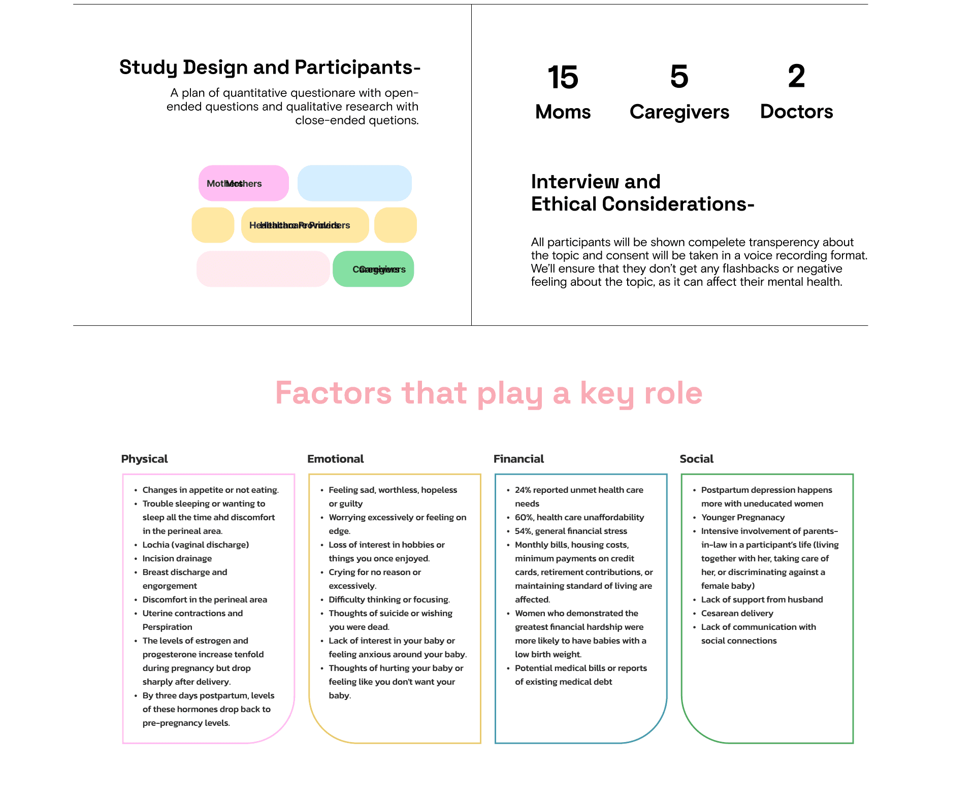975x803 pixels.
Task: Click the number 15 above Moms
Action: (563, 78)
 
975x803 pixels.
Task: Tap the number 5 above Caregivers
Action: (679, 77)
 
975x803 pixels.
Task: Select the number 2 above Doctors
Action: (796, 77)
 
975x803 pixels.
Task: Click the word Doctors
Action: (796, 112)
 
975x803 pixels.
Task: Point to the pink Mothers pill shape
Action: (243, 183)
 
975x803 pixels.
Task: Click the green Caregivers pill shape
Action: (373, 269)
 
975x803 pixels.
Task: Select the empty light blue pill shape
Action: (354, 183)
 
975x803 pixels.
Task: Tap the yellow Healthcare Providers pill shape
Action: (305, 225)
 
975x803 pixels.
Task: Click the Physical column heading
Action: (144, 459)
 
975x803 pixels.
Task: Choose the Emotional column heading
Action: (335, 459)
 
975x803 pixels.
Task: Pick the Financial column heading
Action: (518, 459)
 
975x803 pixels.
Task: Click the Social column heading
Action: (696, 459)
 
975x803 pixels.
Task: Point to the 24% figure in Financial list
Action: (523, 490)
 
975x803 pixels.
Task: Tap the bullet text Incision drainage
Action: (177, 558)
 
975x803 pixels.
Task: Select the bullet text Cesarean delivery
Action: (737, 613)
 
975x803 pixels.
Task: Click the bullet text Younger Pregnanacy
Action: (742, 517)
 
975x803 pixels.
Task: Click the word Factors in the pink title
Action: (333, 393)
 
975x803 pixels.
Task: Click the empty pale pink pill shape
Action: (263, 269)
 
